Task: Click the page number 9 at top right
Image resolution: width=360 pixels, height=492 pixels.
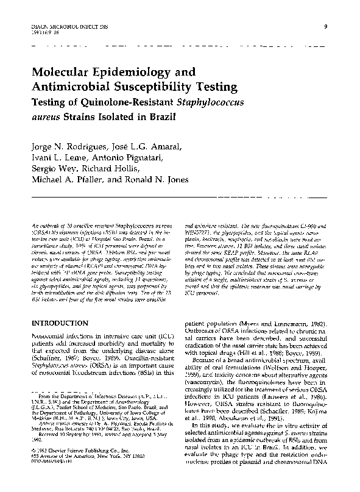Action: coord(327,26)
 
